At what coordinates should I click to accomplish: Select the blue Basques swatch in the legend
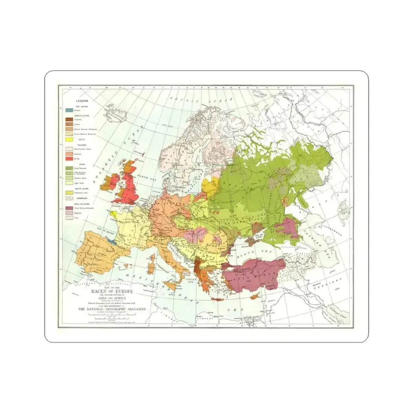[68, 111]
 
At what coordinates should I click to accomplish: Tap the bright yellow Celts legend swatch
[68, 139]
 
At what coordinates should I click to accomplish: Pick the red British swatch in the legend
[68, 159]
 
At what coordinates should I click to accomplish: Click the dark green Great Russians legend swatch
[68, 169]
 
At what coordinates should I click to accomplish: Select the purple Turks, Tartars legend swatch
[68, 208]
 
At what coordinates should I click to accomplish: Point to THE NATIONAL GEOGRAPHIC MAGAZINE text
[112, 309]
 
